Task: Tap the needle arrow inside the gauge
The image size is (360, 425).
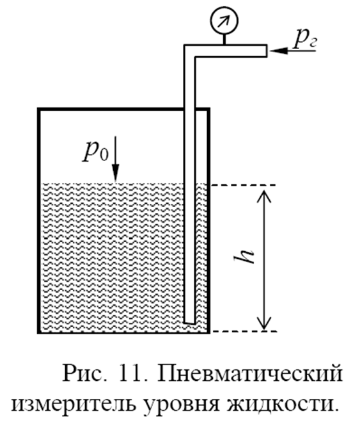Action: (224, 20)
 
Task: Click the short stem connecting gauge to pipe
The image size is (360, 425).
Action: (224, 40)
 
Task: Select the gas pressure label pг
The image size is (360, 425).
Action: (305, 39)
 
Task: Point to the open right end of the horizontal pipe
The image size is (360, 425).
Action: (266, 51)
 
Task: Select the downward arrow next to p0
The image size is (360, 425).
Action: (116, 158)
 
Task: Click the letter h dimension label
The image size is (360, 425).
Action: (245, 256)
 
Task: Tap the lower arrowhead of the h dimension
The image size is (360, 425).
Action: (264, 323)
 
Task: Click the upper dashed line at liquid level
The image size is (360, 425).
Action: (244, 185)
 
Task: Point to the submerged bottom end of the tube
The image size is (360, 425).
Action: (189, 322)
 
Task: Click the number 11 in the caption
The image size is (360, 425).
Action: (129, 373)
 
